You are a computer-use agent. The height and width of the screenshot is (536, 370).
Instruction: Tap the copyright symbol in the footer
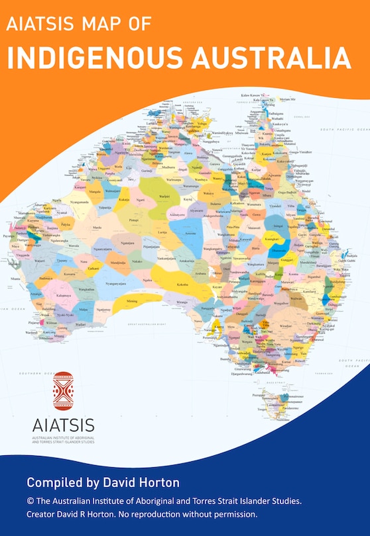pos(31,502)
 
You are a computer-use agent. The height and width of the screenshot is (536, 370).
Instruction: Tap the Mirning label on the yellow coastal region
pos(133,301)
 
